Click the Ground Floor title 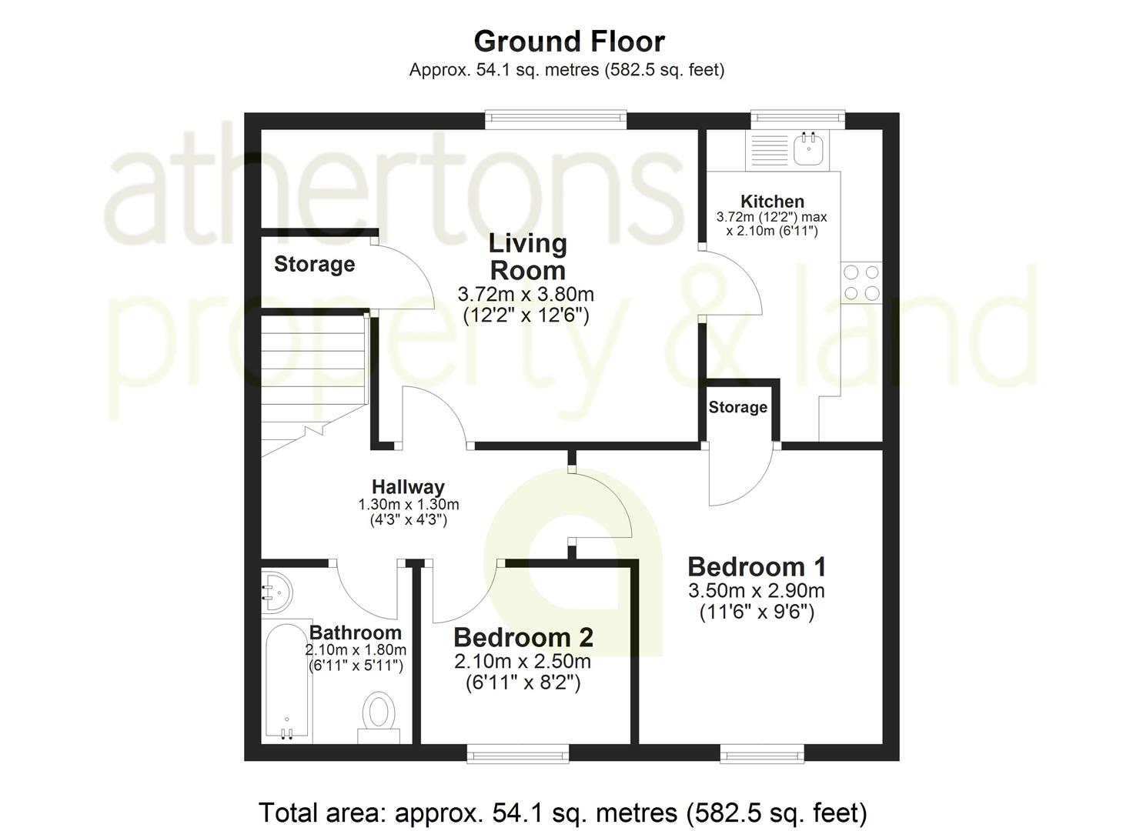coord(569,41)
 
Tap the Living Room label coord(528,256)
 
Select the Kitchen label coord(772,202)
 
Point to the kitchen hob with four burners coord(861,282)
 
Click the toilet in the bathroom coord(379,714)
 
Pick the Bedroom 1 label coord(757,567)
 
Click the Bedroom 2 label coord(523,637)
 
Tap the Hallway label coord(408,486)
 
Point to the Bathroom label coord(356,632)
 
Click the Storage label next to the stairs coord(314,265)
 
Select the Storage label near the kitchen coord(737,407)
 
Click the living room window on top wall coord(556,118)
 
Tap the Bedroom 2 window coord(518,754)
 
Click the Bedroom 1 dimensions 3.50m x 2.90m coord(757,591)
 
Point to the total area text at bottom coord(563,813)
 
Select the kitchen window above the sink coord(797,118)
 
